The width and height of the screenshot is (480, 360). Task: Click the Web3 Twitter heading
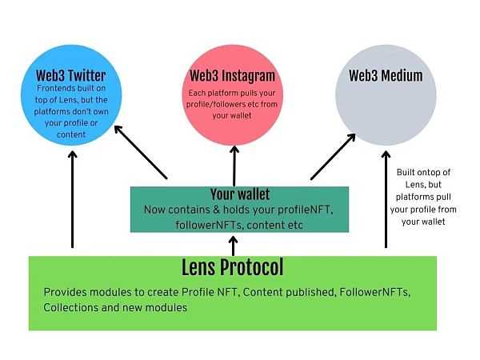coord(71,76)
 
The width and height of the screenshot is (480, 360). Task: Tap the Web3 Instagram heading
coord(232,76)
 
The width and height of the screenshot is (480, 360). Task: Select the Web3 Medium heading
coord(386,76)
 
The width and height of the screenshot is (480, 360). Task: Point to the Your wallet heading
coord(240,194)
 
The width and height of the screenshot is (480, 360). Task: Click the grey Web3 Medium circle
coord(386,112)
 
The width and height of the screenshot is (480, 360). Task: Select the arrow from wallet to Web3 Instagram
coord(234,164)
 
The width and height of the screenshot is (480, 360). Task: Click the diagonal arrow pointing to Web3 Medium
coord(332,156)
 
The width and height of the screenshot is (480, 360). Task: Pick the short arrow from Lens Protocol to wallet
coord(233,244)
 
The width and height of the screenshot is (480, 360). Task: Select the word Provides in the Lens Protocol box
coord(66,293)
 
